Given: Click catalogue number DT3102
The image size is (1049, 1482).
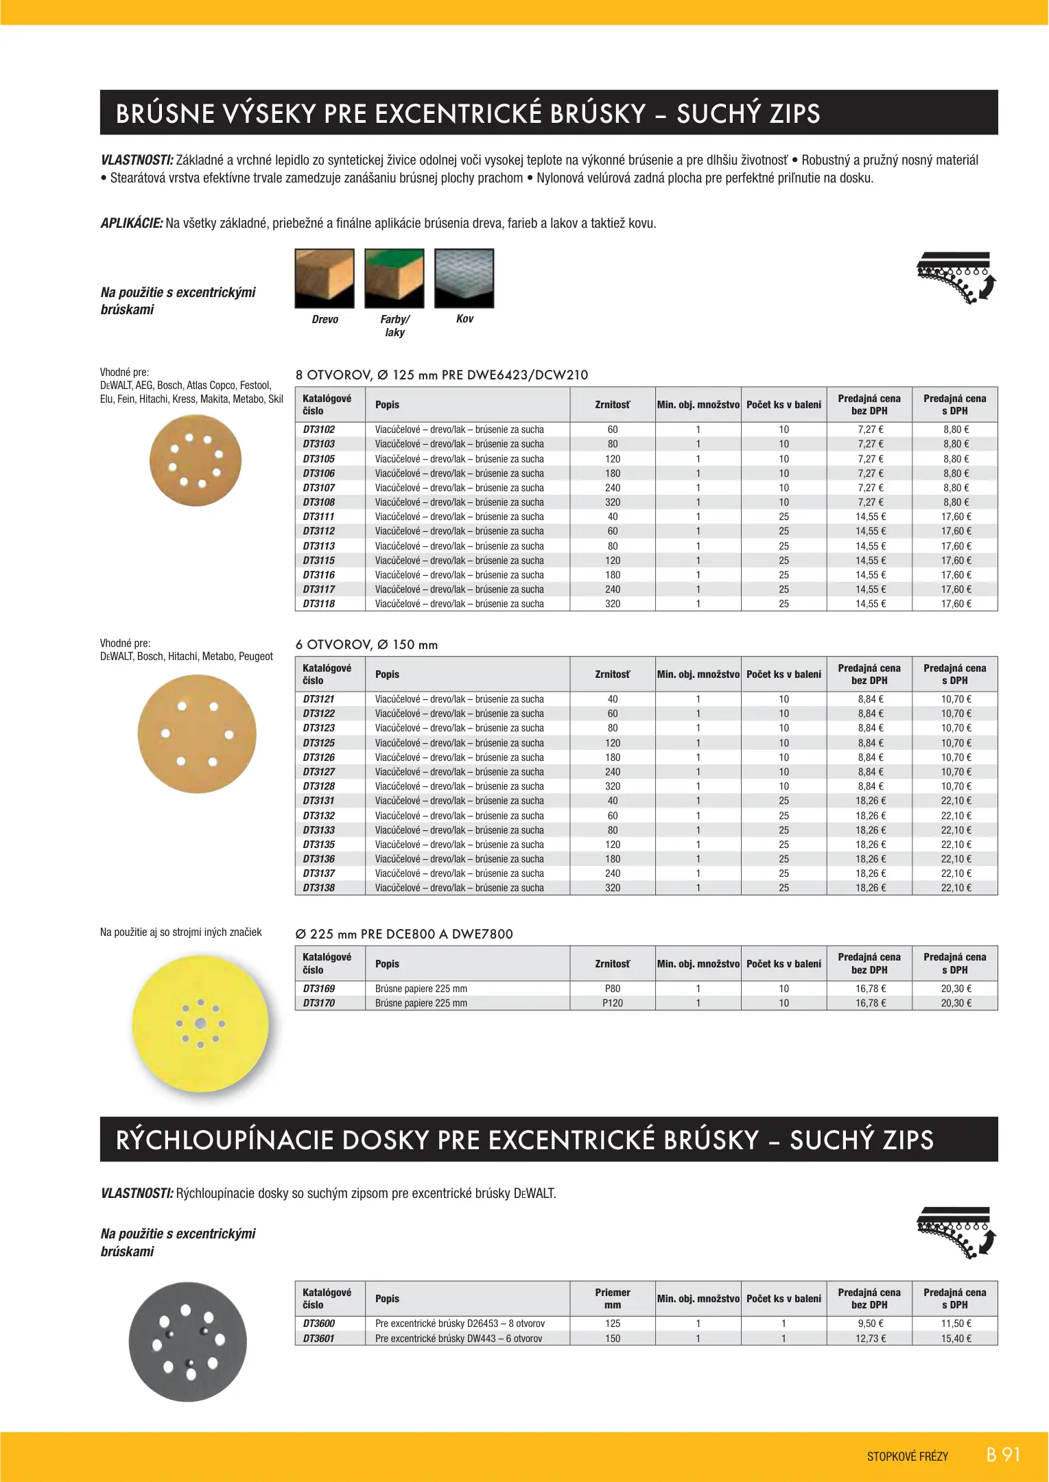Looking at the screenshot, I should click(x=319, y=430).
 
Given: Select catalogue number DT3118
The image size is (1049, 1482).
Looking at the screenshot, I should click(x=319, y=604).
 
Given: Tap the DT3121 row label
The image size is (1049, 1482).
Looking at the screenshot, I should click(x=319, y=699).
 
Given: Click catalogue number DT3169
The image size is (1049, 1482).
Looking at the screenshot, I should click(x=319, y=989).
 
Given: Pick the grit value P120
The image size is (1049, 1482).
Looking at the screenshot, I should click(x=613, y=1003).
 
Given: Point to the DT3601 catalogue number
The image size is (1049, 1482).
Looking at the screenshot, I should click(x=319, y=1339).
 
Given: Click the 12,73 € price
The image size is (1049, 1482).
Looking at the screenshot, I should click(x=870, y=1339).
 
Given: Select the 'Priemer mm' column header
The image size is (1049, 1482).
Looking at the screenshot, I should click(x=613, y=1299).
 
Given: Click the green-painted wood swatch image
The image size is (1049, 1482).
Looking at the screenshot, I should click(x=394, y=279).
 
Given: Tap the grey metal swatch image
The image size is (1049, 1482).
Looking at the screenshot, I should click(x=464, y=279).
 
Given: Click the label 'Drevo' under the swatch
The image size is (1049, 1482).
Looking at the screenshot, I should click(x=325, y=320).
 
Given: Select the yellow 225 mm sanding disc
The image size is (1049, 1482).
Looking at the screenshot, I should click(x=200, y=1024).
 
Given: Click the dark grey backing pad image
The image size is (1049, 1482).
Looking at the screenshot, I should click(x=188, y=1342).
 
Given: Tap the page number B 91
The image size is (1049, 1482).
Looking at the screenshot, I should click(x=1003, y=1455).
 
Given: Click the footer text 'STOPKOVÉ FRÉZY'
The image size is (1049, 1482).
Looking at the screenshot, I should click(x=907, y=1457).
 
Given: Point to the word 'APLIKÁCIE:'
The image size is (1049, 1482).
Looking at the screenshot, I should click(x=132, y=224).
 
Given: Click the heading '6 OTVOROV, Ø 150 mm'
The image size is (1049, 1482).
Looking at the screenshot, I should click(x=366, y=645).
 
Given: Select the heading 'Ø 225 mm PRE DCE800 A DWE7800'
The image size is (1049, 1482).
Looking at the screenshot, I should click(x=404, y=934).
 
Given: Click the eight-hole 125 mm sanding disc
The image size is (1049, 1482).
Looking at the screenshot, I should click(x=196, y=460).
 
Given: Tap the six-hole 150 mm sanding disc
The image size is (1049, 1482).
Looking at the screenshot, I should click(x=197, y=734).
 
